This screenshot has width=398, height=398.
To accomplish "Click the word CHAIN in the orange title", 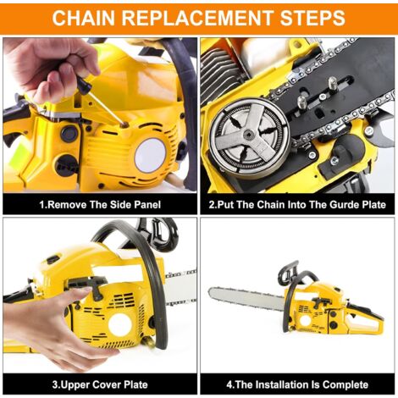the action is [84, 18].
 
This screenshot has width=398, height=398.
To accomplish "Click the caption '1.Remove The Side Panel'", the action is [100, 204].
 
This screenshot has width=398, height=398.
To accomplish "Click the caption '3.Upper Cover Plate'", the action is [100, 384].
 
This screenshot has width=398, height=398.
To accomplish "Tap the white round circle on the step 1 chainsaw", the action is [150, 156].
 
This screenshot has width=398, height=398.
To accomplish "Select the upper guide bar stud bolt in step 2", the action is [333, 84].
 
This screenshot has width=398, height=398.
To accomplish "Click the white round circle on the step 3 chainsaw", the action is [119, 323].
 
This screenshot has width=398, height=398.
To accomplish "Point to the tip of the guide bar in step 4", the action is [210, 293].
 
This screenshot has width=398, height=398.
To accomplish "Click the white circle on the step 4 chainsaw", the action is [305, 320].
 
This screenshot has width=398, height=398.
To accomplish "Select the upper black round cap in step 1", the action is [69, 134].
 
